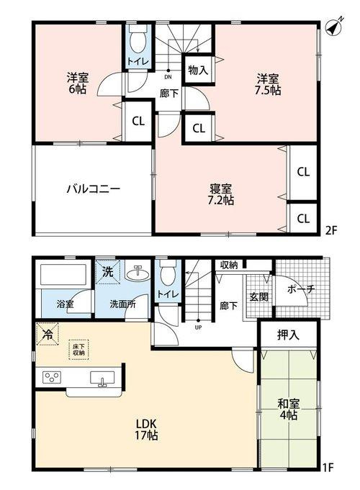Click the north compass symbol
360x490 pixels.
[334, 27]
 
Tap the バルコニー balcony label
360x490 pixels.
[93, 189]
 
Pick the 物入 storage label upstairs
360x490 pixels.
[197, 70]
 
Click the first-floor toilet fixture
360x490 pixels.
[167, 273]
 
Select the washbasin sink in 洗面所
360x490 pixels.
[135, 274]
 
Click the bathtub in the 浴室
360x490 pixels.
[63, 277]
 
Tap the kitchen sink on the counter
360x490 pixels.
[100, 378]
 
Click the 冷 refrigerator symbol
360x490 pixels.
[48, 335]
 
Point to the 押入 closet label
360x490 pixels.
[289, 335]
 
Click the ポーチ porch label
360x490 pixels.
[300, 289]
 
